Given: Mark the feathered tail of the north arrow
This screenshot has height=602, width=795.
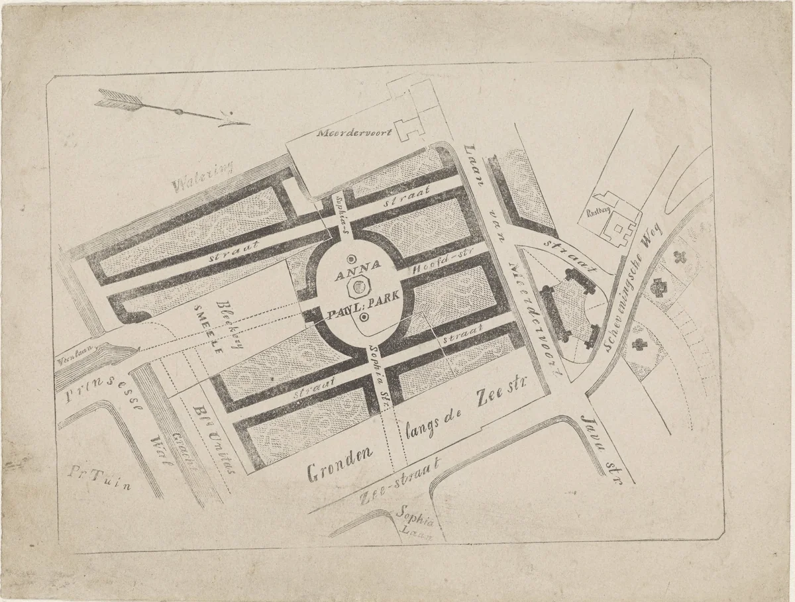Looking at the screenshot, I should (119, 99).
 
